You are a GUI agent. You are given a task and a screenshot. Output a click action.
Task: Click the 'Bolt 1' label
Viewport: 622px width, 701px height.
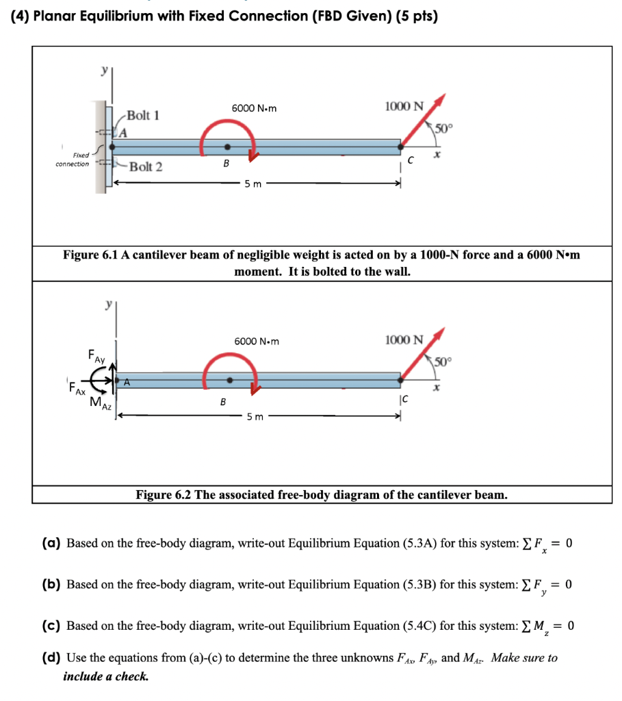[x=143, y=115]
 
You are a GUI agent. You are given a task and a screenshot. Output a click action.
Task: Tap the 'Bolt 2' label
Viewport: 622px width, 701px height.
[x=146, y=166]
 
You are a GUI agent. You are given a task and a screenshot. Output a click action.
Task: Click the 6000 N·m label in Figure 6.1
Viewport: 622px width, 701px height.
[x=253, y=107]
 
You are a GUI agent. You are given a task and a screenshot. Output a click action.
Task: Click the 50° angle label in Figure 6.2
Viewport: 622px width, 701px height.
[x=442, y=361]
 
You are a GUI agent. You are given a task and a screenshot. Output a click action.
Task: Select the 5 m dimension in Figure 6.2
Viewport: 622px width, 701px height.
[x=254, y=416]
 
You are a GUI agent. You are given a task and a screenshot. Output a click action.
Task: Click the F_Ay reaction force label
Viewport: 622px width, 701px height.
[x=96, y=356]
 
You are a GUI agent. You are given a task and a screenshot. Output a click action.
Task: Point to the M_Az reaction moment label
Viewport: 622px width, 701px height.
[x=100, y=403]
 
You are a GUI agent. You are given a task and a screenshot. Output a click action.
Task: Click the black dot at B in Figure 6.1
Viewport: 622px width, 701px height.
[x=228, y=146]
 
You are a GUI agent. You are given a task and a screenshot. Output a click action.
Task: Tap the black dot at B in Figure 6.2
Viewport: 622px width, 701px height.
[x=230, y=380]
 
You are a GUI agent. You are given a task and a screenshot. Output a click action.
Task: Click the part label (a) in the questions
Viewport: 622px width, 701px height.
[x=51, y=544]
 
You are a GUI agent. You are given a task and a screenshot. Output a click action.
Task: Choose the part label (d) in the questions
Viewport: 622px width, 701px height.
[x=51, y=658]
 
